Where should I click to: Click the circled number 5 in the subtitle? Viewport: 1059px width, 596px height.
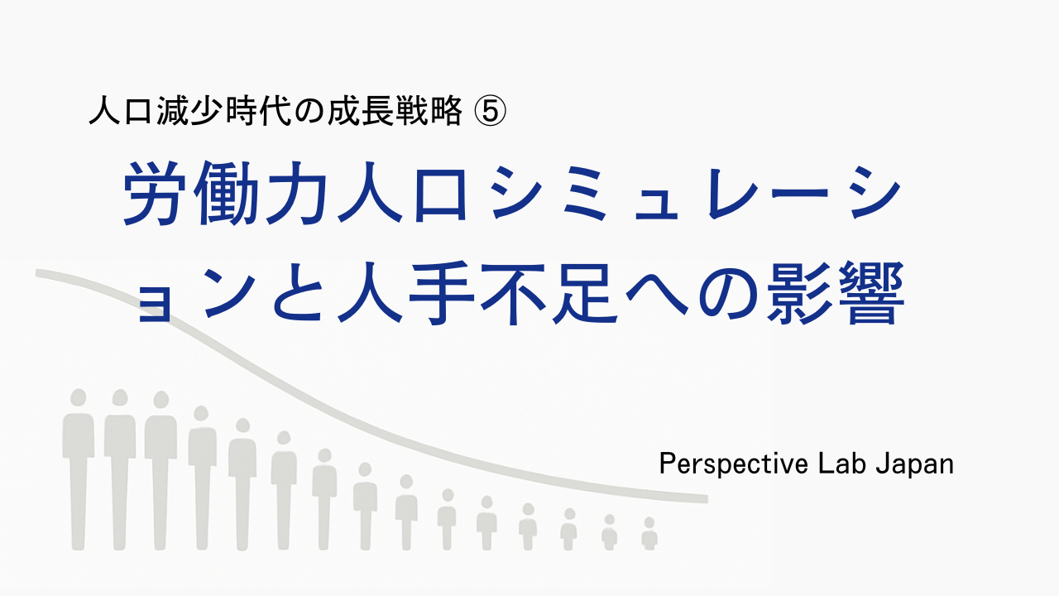coord(490,111)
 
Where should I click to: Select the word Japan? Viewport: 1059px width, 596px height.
coord(915,464)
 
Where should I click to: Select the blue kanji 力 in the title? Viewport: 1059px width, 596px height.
coord(297,193)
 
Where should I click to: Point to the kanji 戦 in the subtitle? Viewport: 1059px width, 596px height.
coord(413,111)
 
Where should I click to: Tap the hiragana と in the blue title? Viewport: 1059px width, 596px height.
coord(299,294)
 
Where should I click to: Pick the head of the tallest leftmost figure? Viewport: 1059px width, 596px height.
coord(79,397)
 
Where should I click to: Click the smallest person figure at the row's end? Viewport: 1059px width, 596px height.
coord(649,534)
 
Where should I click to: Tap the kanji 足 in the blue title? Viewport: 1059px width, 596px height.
coord(585,294)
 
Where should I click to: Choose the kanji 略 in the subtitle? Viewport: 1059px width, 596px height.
coord(447,111)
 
